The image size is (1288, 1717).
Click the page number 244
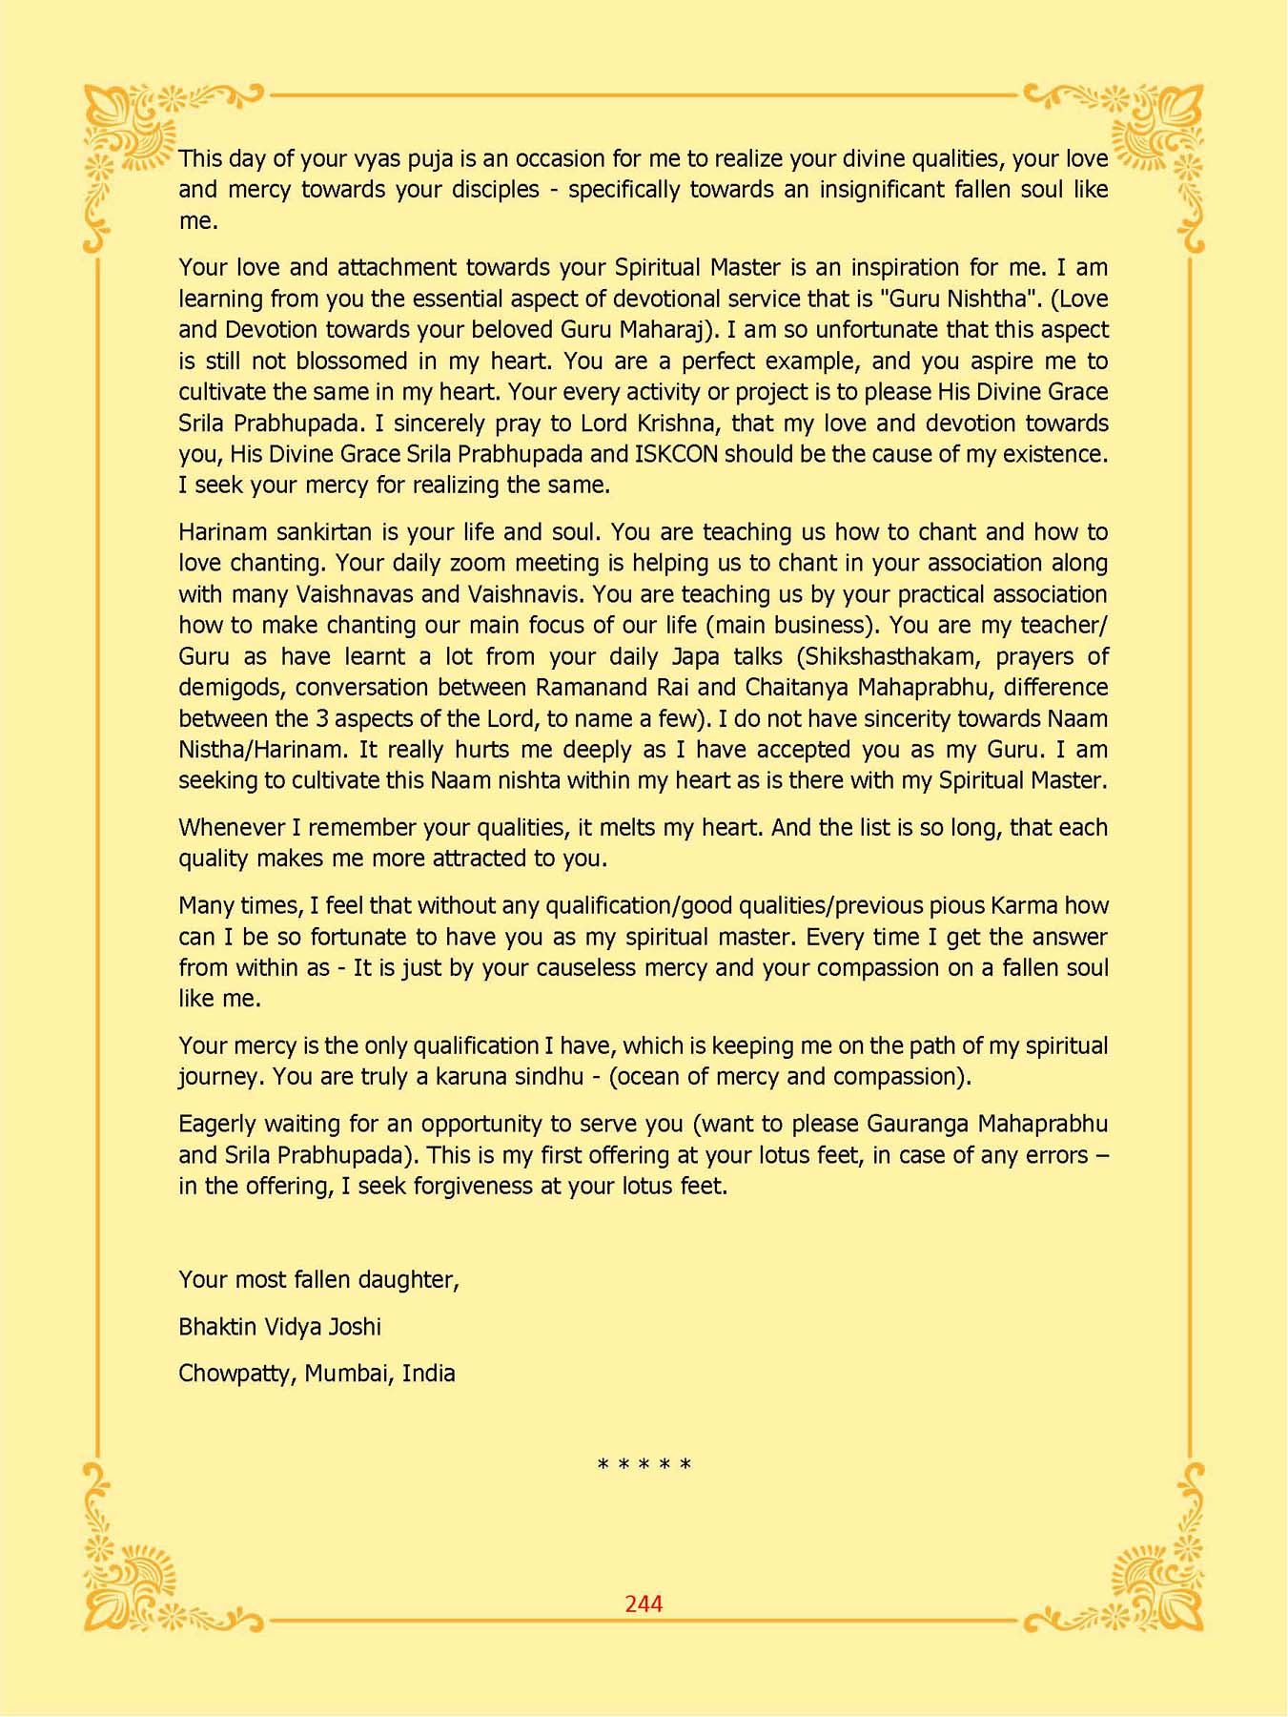pyautogui.click(x=644, y=1603)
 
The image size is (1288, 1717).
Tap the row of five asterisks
pyautogui.click(x=644, y=1464)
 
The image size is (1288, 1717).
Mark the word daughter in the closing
pyautogui.click(x=413, y=1280)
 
